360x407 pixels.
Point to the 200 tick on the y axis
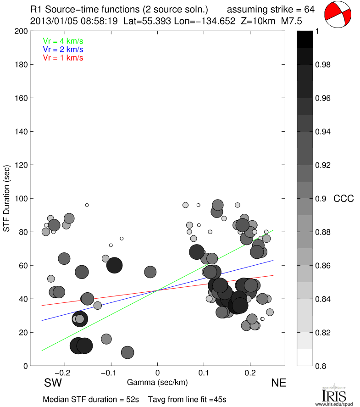[x=21, y=31]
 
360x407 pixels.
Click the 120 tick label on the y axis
[x=21, y=165]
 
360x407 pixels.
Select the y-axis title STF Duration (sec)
[x=7, y=198]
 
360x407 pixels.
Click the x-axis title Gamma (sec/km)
[x=157, y=382]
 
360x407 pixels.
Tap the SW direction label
[x=53, y=383]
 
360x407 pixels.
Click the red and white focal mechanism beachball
[x=338, y=15]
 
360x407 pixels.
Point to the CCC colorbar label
[x=343, y=199]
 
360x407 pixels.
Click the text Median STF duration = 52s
[x=91, y=399]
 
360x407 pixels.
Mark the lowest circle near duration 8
[x=127, y=352]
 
